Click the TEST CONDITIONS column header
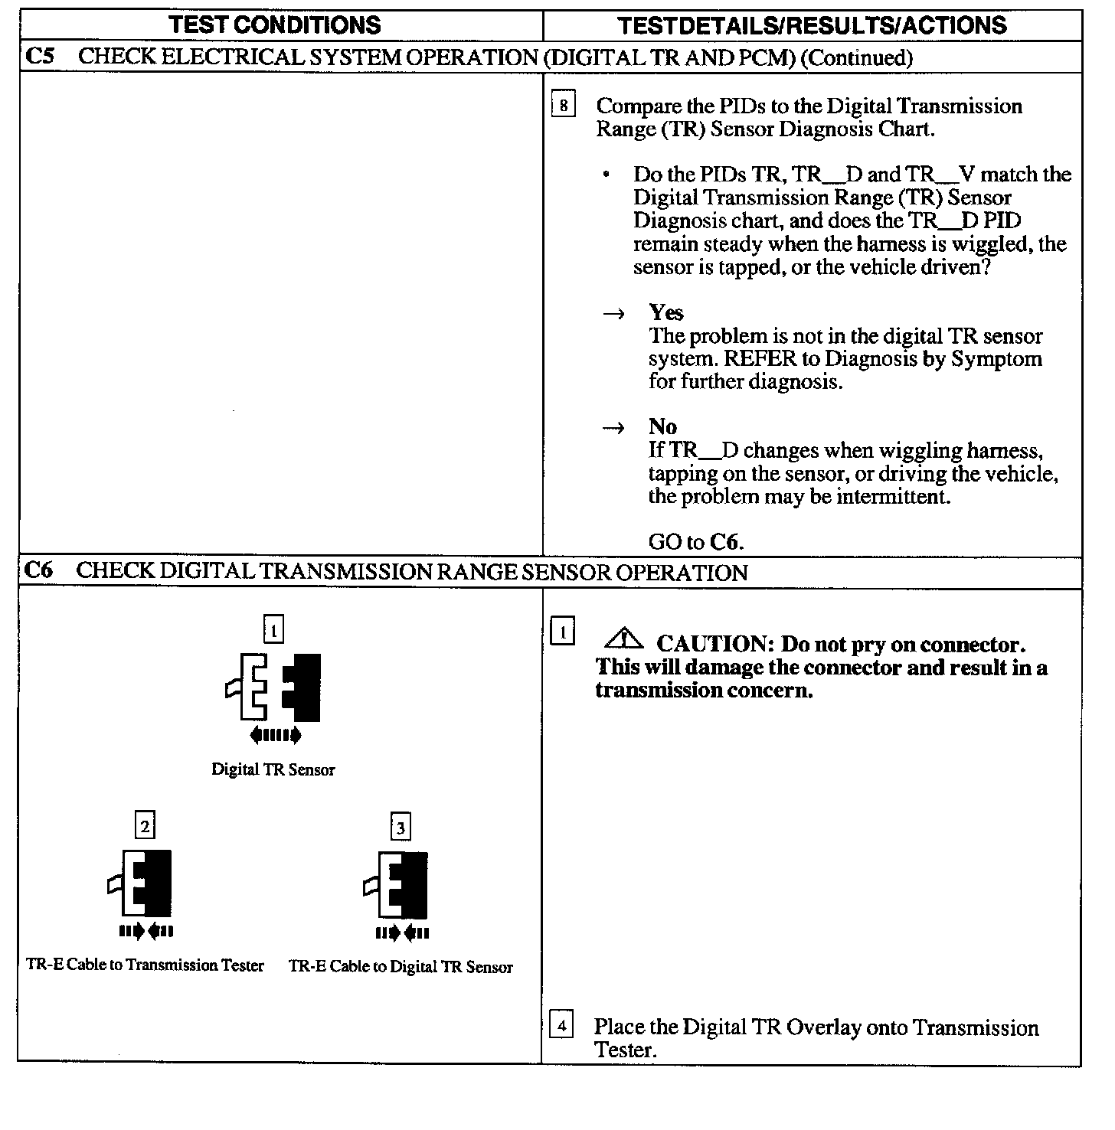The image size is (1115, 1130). click(275, 24)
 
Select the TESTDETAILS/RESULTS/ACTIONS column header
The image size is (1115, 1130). click(812, 25)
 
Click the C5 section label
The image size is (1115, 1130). click(39, 57)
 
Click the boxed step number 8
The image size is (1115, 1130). click(563, 105)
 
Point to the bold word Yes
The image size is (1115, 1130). click(665, 312)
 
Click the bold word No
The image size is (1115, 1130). click(662, 426)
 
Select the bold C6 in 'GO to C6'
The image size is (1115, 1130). click(724, 542)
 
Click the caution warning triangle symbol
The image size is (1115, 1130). click(625, 637)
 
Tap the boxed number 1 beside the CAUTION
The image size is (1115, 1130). click(562, 632)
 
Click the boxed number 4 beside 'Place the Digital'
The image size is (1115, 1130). click(561, 1024)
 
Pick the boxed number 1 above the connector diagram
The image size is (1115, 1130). click(273, 630)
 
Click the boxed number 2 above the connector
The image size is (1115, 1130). click(145, 826)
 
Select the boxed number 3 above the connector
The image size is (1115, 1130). click(401, 827)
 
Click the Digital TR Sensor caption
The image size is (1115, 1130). click(273, 770)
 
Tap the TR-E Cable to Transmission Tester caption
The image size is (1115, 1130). click(145, 965)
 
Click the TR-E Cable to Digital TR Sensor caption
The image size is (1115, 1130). click(401, 967)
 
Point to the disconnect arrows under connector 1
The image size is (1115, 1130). click(275, 736)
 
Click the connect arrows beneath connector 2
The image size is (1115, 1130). click(146, 932)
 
